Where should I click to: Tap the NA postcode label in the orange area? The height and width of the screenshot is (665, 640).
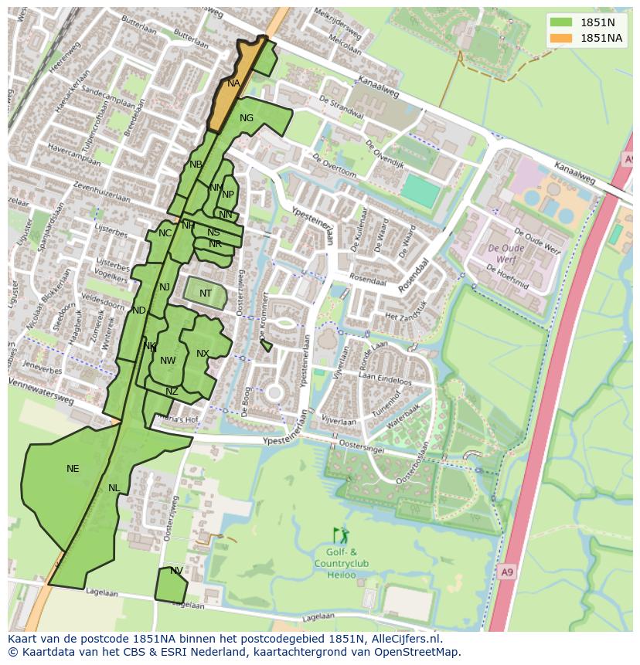coord(233,83)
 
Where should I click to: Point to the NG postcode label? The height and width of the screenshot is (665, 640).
coord(247,118)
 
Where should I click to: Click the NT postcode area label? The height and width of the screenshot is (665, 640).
coord(206,293)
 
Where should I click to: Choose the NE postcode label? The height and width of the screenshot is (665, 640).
coord(73,469)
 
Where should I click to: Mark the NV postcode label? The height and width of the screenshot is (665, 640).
coord(176,571)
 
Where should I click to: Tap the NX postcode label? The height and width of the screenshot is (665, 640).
coord(203,354)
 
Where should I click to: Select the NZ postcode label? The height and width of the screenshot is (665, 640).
coord(172,392)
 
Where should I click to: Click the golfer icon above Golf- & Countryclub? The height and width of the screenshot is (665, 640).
coord(341,535)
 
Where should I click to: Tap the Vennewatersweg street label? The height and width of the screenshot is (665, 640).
coord(42,391)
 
